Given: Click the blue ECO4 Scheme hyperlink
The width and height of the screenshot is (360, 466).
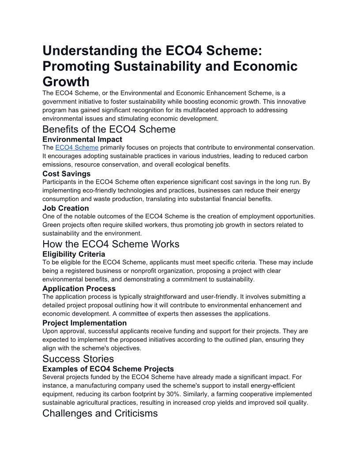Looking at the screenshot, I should click(77, 147).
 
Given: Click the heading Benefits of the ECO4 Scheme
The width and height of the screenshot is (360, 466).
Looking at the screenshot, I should click(109, 129).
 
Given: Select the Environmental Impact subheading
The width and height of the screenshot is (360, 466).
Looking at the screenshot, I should click(82, 139).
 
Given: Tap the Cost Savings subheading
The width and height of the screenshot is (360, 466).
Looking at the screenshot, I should click(66, 174).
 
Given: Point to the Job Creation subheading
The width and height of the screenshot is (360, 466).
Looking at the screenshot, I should click(65, 208).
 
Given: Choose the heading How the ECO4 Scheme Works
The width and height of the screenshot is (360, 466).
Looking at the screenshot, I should click(111, 244).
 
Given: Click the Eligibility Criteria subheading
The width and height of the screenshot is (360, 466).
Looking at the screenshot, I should click(74, 254).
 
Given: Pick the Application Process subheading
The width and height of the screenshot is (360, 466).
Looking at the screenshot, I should click(79, 289).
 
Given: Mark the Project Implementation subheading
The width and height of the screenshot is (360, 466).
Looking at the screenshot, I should click(84, 323).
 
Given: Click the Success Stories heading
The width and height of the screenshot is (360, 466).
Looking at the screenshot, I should click(78, 359).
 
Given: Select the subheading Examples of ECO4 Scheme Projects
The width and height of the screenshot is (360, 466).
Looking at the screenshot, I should click(108, 369).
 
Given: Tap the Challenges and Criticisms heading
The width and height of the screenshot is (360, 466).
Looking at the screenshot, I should click(100, 413).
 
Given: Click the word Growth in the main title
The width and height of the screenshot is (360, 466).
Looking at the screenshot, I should click(66, 82).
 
